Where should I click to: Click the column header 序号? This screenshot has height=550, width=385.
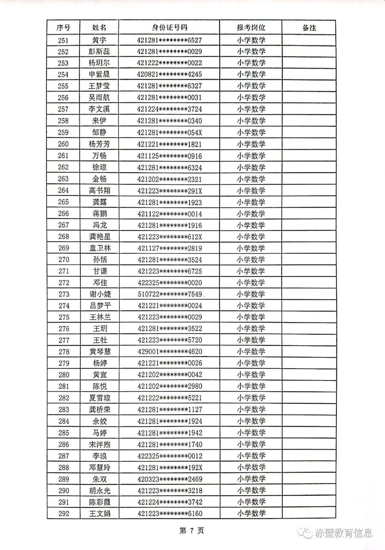pos(63,28)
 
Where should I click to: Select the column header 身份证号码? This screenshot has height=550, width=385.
pos(169,28)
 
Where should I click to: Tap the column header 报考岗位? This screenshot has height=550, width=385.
pos(251,28)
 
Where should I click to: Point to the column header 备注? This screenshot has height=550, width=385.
pos(309,28)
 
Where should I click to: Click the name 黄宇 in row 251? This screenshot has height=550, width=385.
pos(99,40)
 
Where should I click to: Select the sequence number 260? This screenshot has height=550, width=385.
pos(63,144)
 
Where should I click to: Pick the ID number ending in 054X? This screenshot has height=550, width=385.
pos(169,132)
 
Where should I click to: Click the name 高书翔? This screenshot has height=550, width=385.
pos(99,190)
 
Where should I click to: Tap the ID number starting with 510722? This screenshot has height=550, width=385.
pos(170,294)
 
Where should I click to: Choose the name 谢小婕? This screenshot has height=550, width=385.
pos(100,294)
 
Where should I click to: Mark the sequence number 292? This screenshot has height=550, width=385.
pos(64,514)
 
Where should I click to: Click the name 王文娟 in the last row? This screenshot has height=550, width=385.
pos(100,514)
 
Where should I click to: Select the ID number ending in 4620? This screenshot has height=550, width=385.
pos(170,352)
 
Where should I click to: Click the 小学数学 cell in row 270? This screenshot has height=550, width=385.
pos(251,260)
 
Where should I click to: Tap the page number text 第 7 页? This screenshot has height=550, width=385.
pos(191,531)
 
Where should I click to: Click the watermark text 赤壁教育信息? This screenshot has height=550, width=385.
pos(343,533)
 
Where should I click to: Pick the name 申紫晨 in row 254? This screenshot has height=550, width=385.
pos(99,75)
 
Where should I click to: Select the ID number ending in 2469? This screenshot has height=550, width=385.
pos(170,479)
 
